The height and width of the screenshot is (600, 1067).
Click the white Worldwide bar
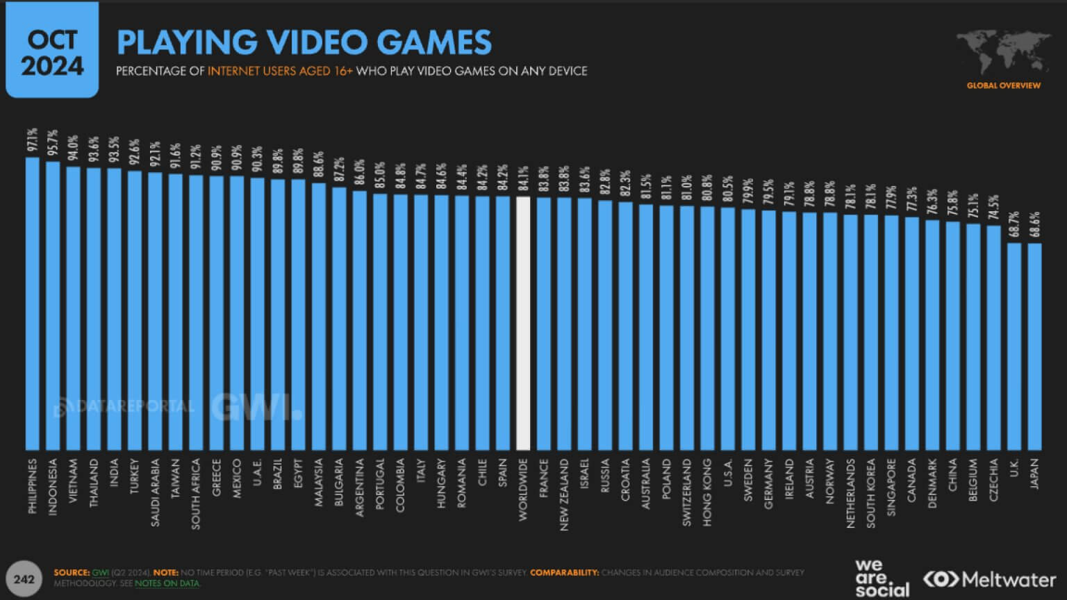pyautogui.click(x=523, y=323)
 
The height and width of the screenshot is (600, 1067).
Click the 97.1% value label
pyautogui.click(x=32, y=140)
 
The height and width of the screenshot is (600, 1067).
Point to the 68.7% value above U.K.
pyautogui.click(x=1014, y=225)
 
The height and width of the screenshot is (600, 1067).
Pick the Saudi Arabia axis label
pyautogui.click(x=155, y=492)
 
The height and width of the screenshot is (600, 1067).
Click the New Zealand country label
pyautogui.click(x=564, y=494)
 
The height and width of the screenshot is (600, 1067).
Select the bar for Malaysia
pyautogui.click(x=319, y=316)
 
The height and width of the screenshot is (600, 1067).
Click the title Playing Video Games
pyautogui.click(x=304, y=42)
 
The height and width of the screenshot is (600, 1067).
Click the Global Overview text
pyautogui.click(x=1003, y=85)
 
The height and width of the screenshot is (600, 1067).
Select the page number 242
pyautogui.click(x=24, y=578)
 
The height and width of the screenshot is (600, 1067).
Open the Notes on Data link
pyautogui.click(x=167, y=583)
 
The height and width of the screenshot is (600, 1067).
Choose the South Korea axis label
pyautogui.click(x=870, y=493)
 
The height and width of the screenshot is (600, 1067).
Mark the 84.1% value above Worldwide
pyautogui.click(x=523, y=179)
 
